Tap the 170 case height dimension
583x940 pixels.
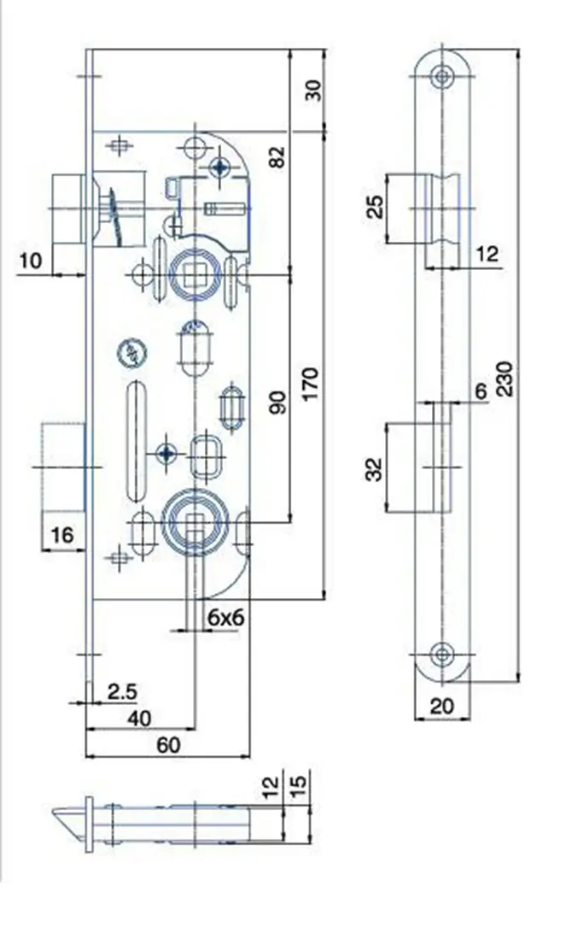coord(312,385)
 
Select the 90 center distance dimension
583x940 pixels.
coord(278,402)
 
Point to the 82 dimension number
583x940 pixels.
coord(278,156)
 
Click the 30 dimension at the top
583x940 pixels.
coord(313,90)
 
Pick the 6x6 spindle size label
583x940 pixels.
coord(225,617)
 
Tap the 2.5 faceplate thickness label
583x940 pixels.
coord(122,691)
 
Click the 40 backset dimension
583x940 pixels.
coord(139,718)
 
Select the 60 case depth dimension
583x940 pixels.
coord(168,744)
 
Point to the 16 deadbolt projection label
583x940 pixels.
coord(61,534)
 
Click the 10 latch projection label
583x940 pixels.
coord(31,261)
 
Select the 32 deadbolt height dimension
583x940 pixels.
coord(374,469)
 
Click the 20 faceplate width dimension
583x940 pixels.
coord(442,706)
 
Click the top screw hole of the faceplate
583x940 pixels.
coord(442,77)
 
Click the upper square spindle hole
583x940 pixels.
coord(194,275)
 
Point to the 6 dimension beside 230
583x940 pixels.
coord(481,391)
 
